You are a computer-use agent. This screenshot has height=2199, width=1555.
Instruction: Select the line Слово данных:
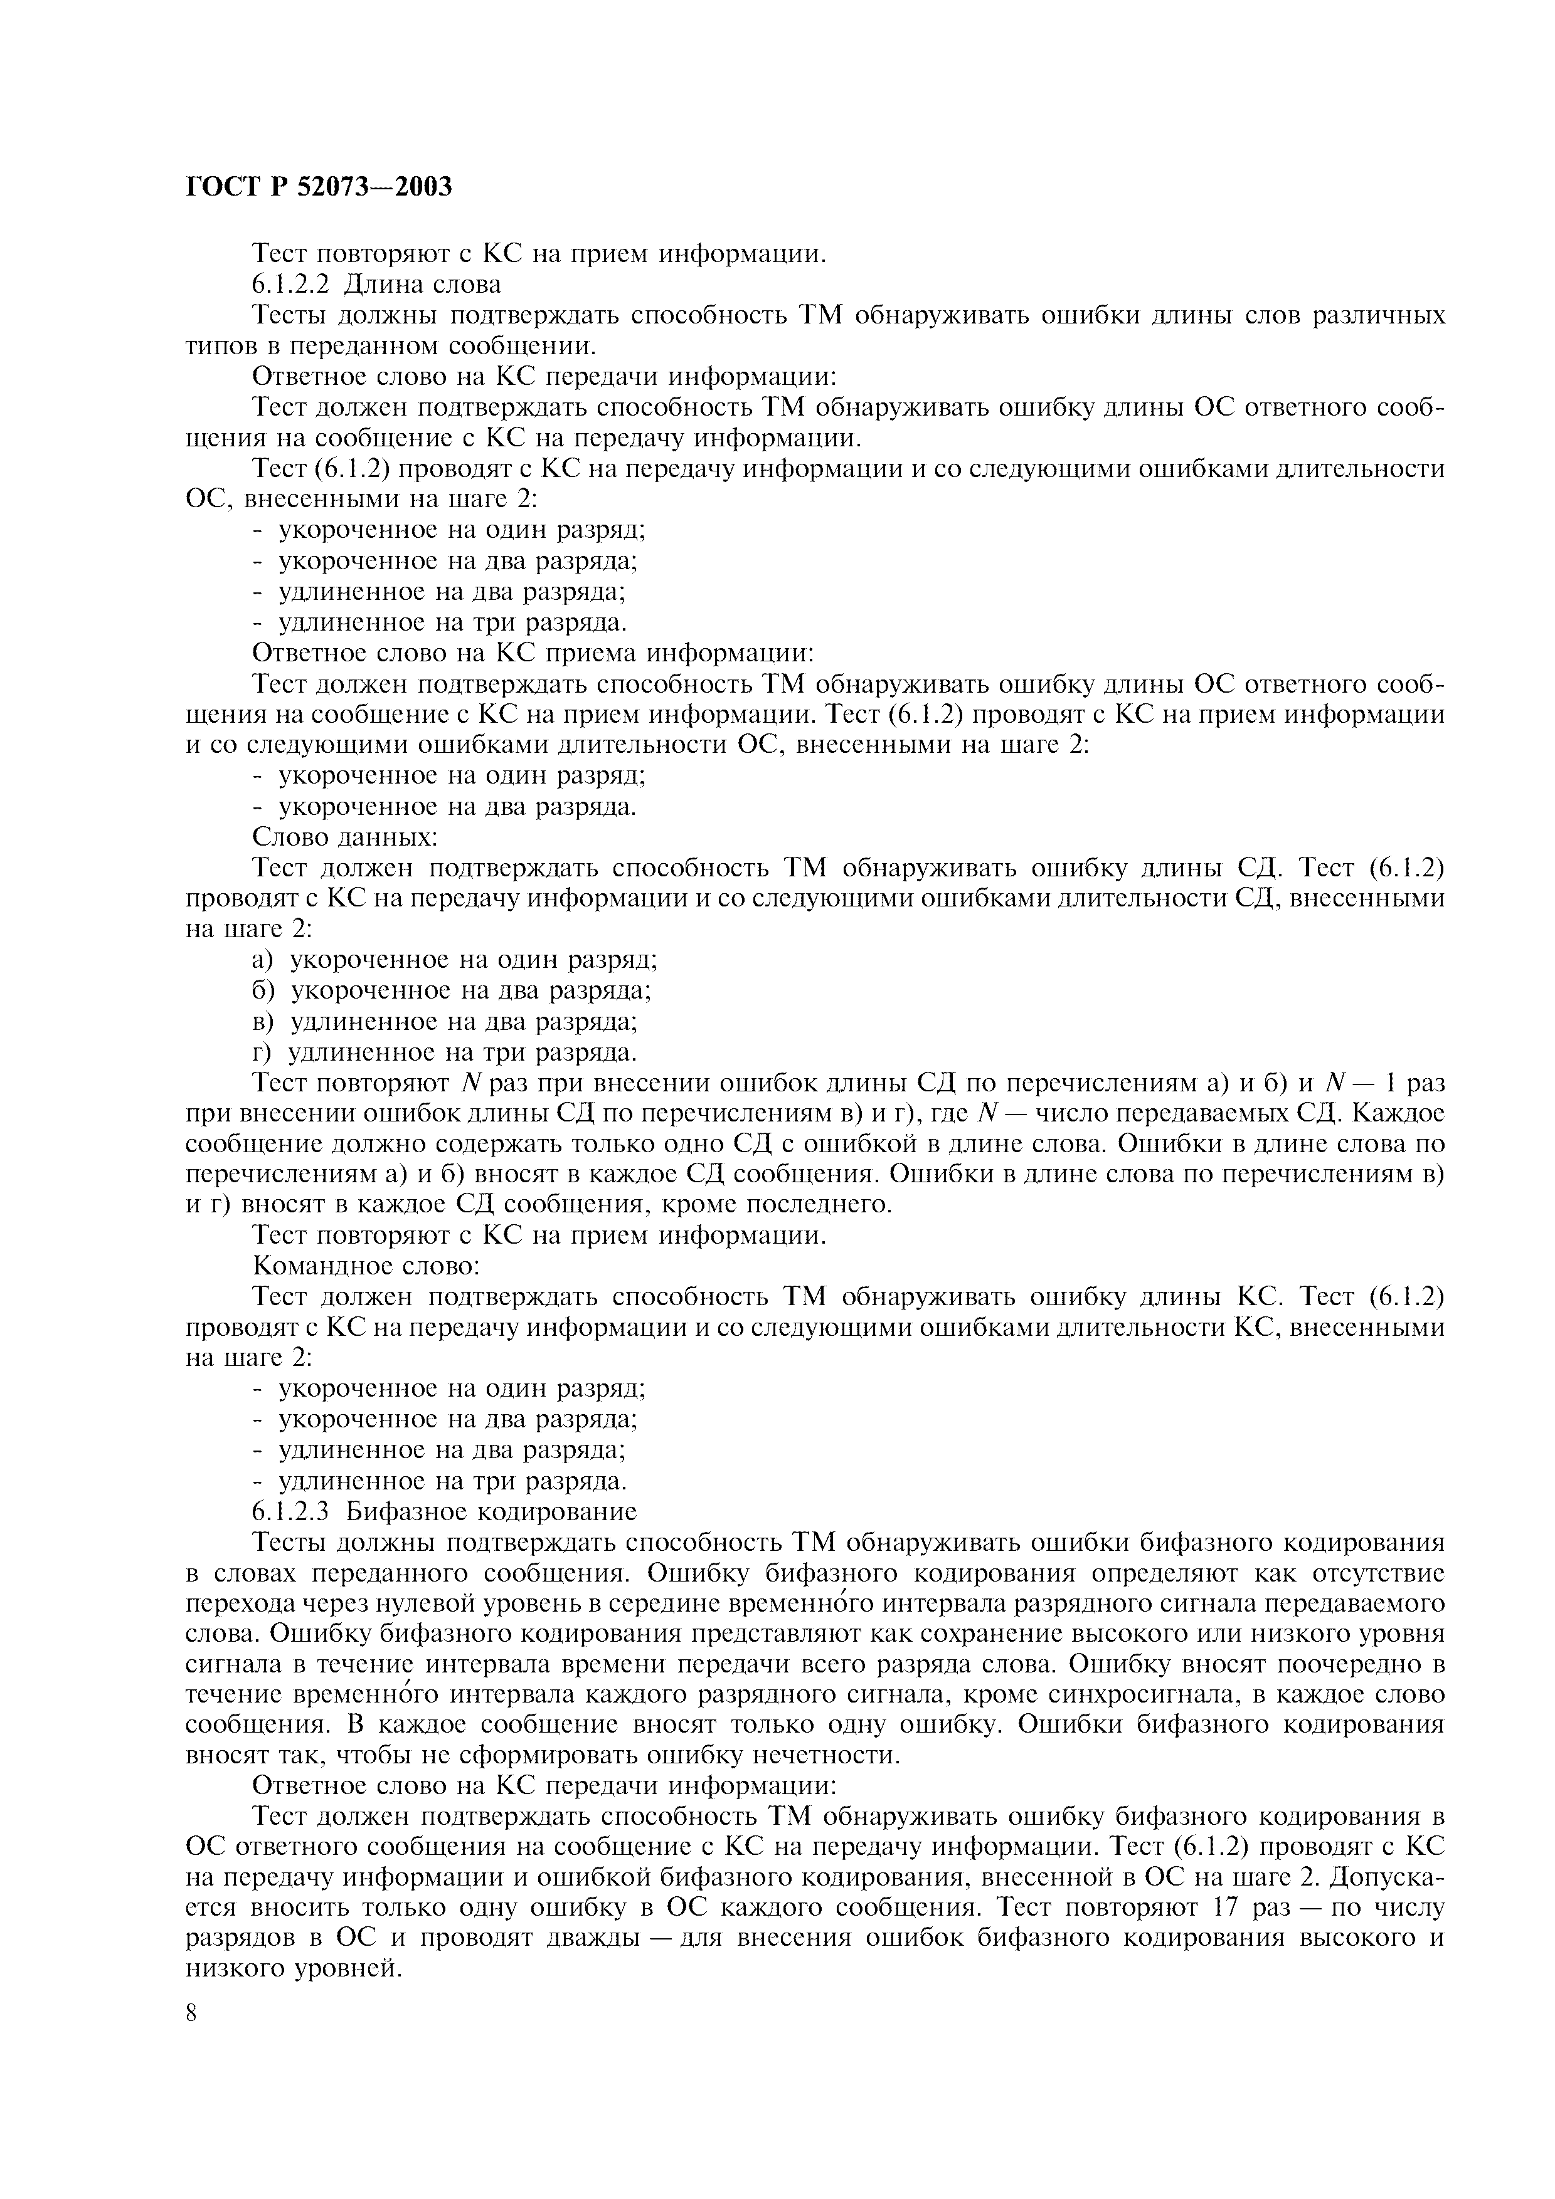click(x=345, y=837)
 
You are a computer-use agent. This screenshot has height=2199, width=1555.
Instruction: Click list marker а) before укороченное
click(x=263, y=960)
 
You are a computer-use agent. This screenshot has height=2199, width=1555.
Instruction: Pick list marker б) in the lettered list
click(x=263, y=990)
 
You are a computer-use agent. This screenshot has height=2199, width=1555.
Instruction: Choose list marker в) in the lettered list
click(x=263, y=1021)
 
